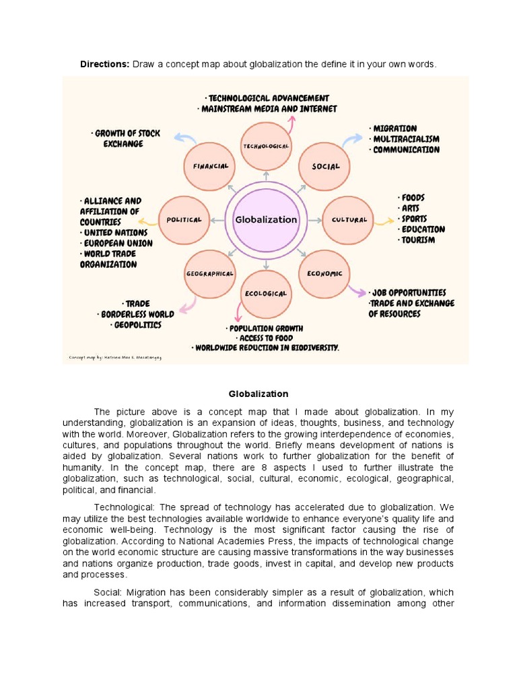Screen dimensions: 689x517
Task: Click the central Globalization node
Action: [x=265, y=219]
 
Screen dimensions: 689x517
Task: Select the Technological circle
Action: [x=266, y=146]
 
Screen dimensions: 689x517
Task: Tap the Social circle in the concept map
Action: [x=326, y=166]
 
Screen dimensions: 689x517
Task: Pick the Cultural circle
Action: [x=348, y=219]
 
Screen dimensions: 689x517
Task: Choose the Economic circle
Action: [x=324, y=273]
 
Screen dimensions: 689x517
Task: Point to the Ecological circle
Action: [x=266, y=294]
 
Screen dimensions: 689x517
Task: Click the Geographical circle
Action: [x=209, y=273]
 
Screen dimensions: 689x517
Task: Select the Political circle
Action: [x=184, y=219]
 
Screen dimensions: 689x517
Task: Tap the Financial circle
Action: [x=209, y=166]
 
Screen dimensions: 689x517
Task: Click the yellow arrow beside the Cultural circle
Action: [x=384, y=221]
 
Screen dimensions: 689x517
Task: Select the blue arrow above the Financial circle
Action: [x=184, y=139]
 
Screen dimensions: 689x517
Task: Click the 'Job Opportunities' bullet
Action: [x=408, y=293]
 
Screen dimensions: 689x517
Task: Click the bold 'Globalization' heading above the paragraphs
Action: [x=258, y=394]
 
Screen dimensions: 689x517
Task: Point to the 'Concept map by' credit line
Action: [x=115, y=357]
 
